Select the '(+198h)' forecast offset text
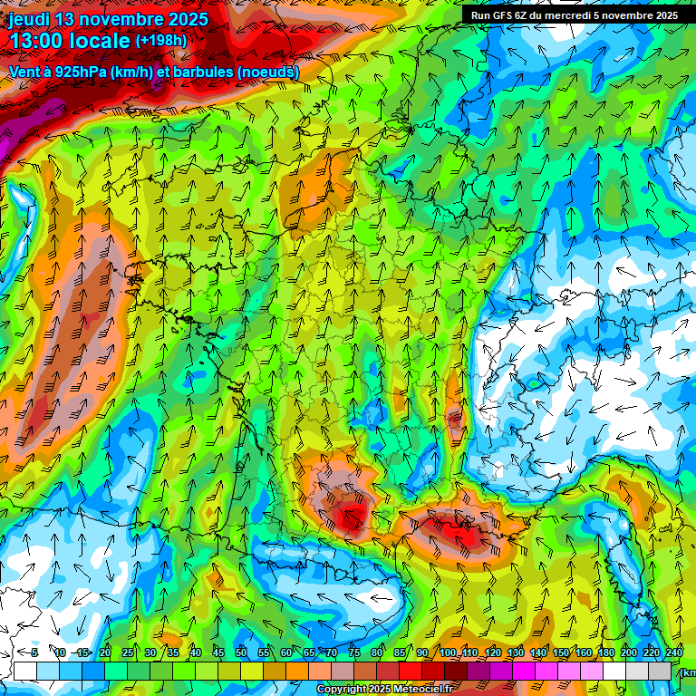161,41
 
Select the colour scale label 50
241,652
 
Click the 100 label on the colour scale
448,652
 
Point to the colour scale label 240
674,652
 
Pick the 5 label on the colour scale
34,652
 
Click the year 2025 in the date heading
185,19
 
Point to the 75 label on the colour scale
353,652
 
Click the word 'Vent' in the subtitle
24,72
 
